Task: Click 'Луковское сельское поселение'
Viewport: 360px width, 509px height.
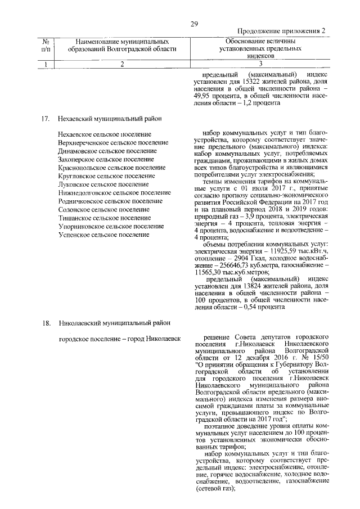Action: point(103,184)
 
